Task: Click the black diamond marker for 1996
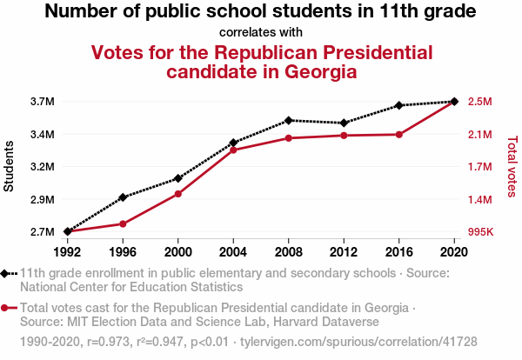click(123, 197)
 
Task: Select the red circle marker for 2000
click(178, 193)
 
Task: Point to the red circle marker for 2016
click(398, 135)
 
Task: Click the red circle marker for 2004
click(233, 150)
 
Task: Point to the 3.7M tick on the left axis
click(42, 102)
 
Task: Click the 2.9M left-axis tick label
click(42, 200)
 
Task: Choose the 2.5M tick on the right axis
click(480, 102)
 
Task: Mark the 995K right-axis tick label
click(481, 232)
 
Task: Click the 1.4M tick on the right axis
click(480, 200)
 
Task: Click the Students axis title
click(10, 167)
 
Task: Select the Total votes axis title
click(512, 167)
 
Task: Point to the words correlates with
click(261, 32)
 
